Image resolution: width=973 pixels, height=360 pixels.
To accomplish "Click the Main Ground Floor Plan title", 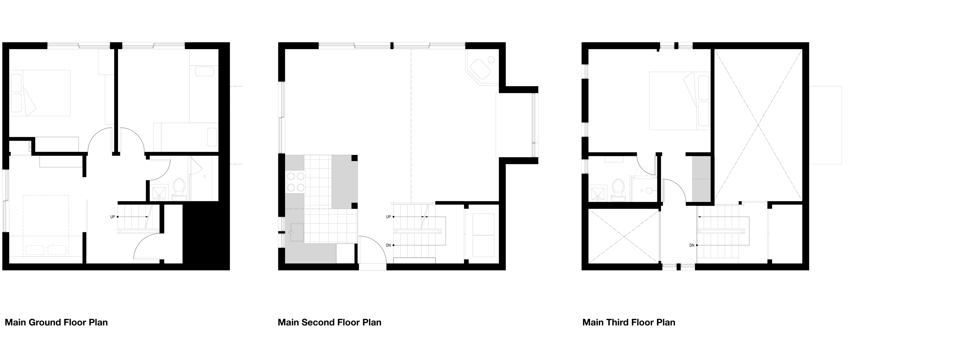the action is [56, 322].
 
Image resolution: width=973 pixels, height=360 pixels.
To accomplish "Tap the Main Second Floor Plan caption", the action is [329, 322].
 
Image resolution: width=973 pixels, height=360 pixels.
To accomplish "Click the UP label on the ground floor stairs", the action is [113, 217].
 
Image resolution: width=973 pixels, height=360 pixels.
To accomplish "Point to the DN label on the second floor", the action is [388, 245].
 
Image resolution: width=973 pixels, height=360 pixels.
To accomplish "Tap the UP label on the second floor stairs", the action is [388, 217].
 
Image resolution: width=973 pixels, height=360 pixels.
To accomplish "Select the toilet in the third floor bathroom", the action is [618, 188].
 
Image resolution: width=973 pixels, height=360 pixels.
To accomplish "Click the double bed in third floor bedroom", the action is [680, 101].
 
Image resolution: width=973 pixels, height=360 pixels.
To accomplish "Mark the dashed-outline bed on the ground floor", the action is [46, 226].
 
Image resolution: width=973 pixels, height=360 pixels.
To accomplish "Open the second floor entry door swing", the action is [372, 250].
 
